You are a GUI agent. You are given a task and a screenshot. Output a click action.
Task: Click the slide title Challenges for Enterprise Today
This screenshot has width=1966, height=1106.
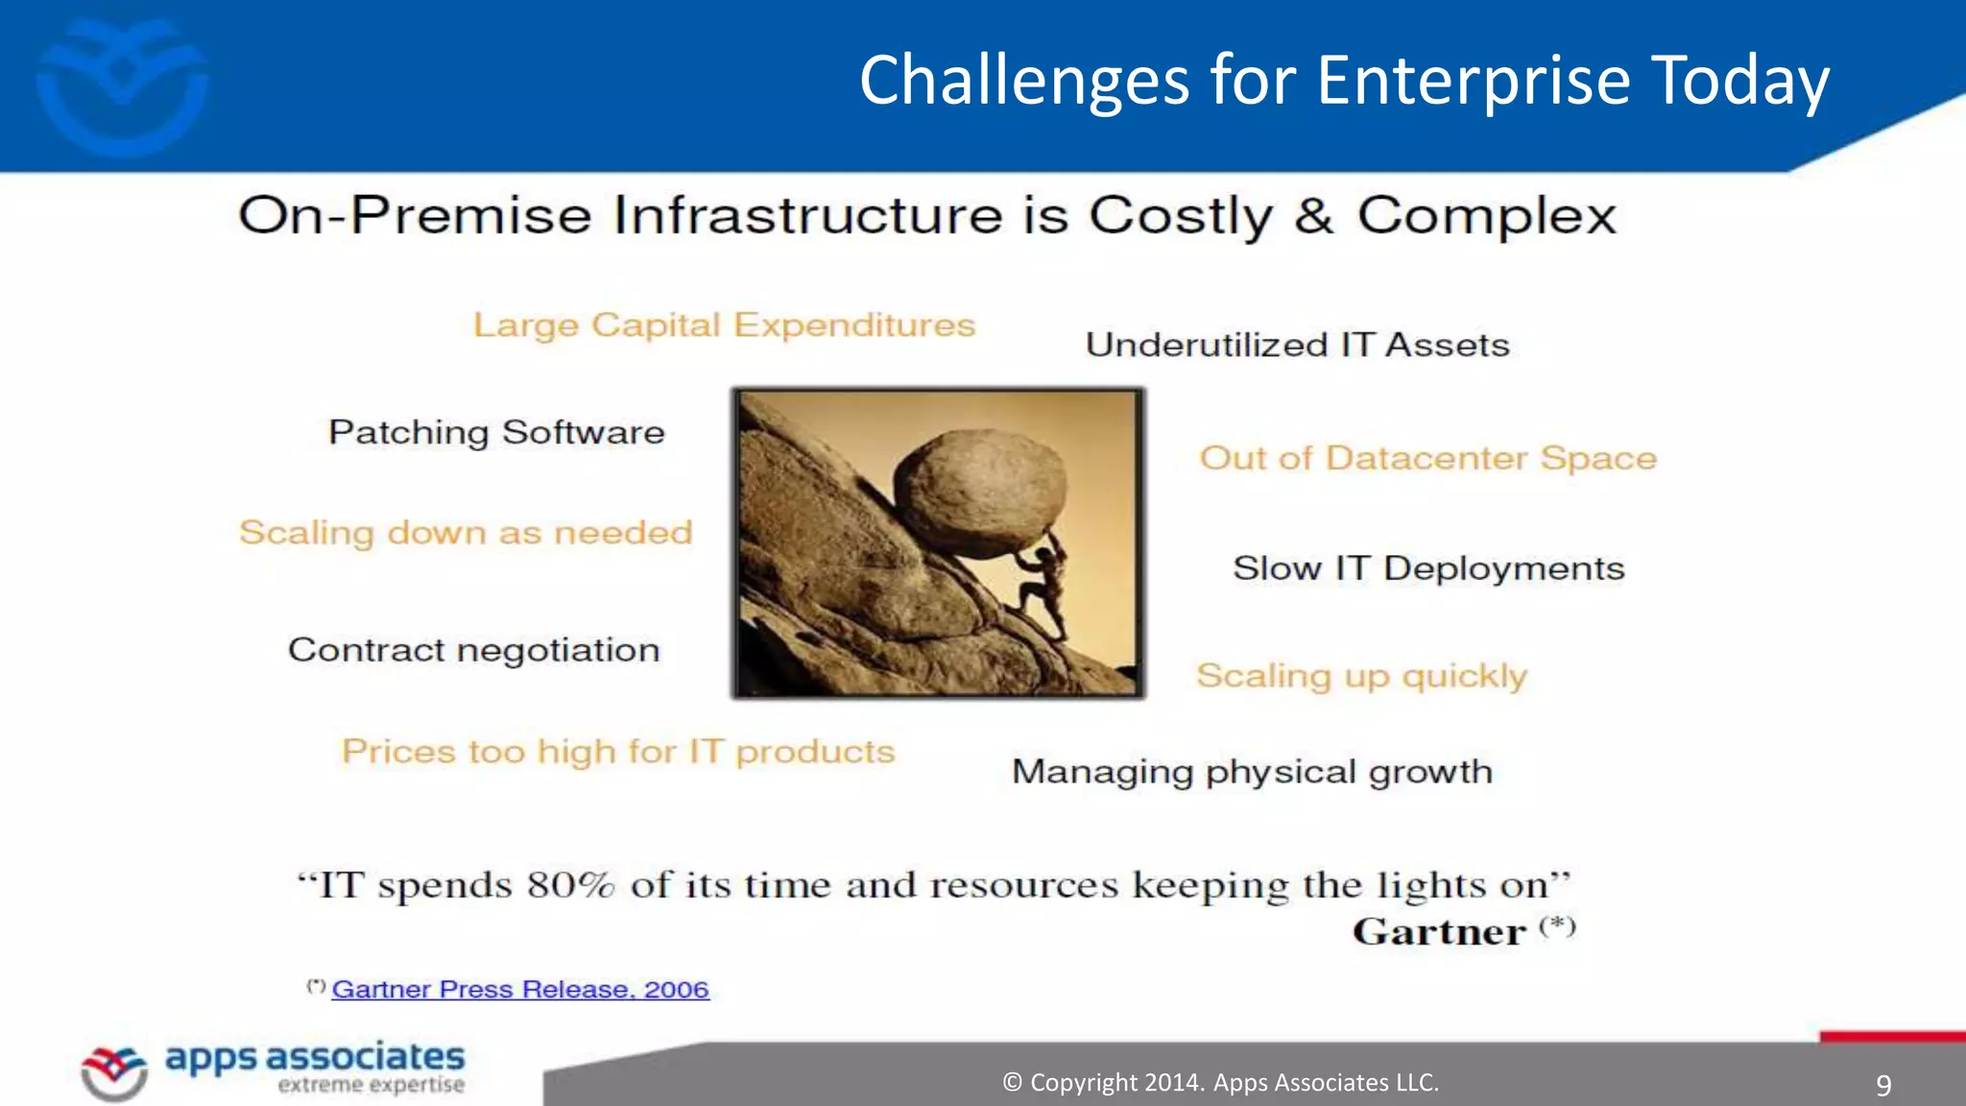[1344, 81]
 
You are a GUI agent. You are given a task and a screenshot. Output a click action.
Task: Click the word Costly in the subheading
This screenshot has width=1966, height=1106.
[1180, 215]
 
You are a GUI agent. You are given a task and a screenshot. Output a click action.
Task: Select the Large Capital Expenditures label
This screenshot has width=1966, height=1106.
[724, 325]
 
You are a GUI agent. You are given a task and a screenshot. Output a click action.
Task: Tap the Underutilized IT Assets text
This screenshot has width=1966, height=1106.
[1297, 345]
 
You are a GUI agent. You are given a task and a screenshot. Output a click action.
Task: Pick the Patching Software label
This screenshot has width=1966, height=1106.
[496, 432]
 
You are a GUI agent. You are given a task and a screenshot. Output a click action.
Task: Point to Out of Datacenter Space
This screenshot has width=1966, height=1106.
[1427, 458]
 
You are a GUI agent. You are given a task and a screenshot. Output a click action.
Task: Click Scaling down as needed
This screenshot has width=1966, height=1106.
[466, 532]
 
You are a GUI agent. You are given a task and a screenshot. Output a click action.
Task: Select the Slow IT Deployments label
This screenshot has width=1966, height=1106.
[1428, 568]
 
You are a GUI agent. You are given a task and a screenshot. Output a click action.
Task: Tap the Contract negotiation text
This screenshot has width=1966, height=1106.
[474, 650]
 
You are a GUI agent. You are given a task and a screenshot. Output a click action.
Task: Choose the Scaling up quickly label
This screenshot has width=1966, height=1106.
[1361, 676]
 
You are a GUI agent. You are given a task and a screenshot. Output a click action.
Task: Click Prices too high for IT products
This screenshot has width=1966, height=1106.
[618, 751]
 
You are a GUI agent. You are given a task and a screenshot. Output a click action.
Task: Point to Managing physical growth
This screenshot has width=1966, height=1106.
[1252, 772]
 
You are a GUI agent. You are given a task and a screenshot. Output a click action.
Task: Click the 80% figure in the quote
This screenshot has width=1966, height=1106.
[570, 884]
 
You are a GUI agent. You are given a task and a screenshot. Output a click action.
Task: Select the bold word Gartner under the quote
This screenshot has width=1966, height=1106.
[1438, 932]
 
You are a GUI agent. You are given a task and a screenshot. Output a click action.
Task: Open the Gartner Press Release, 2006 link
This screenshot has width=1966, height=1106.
[520, 989]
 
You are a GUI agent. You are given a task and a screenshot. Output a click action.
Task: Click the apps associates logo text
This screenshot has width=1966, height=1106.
[315, 1057]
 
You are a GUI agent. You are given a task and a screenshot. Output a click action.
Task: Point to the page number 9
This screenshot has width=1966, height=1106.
[1883, 1086]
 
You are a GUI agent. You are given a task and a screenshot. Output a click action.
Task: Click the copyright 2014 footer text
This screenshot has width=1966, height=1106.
[1220, 1083]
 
